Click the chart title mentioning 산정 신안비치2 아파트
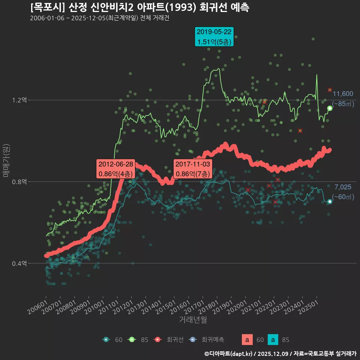point(140,7)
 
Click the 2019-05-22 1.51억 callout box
point(214,37)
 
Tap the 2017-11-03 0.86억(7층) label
point(193,169)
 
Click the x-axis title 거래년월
point(193,319)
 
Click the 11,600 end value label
point(343,94)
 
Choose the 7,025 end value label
point(343,187)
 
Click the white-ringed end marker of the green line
point(330,108)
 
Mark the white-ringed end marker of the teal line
point(330,202)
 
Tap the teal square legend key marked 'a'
point(274,340)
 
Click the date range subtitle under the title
point(100,18)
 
